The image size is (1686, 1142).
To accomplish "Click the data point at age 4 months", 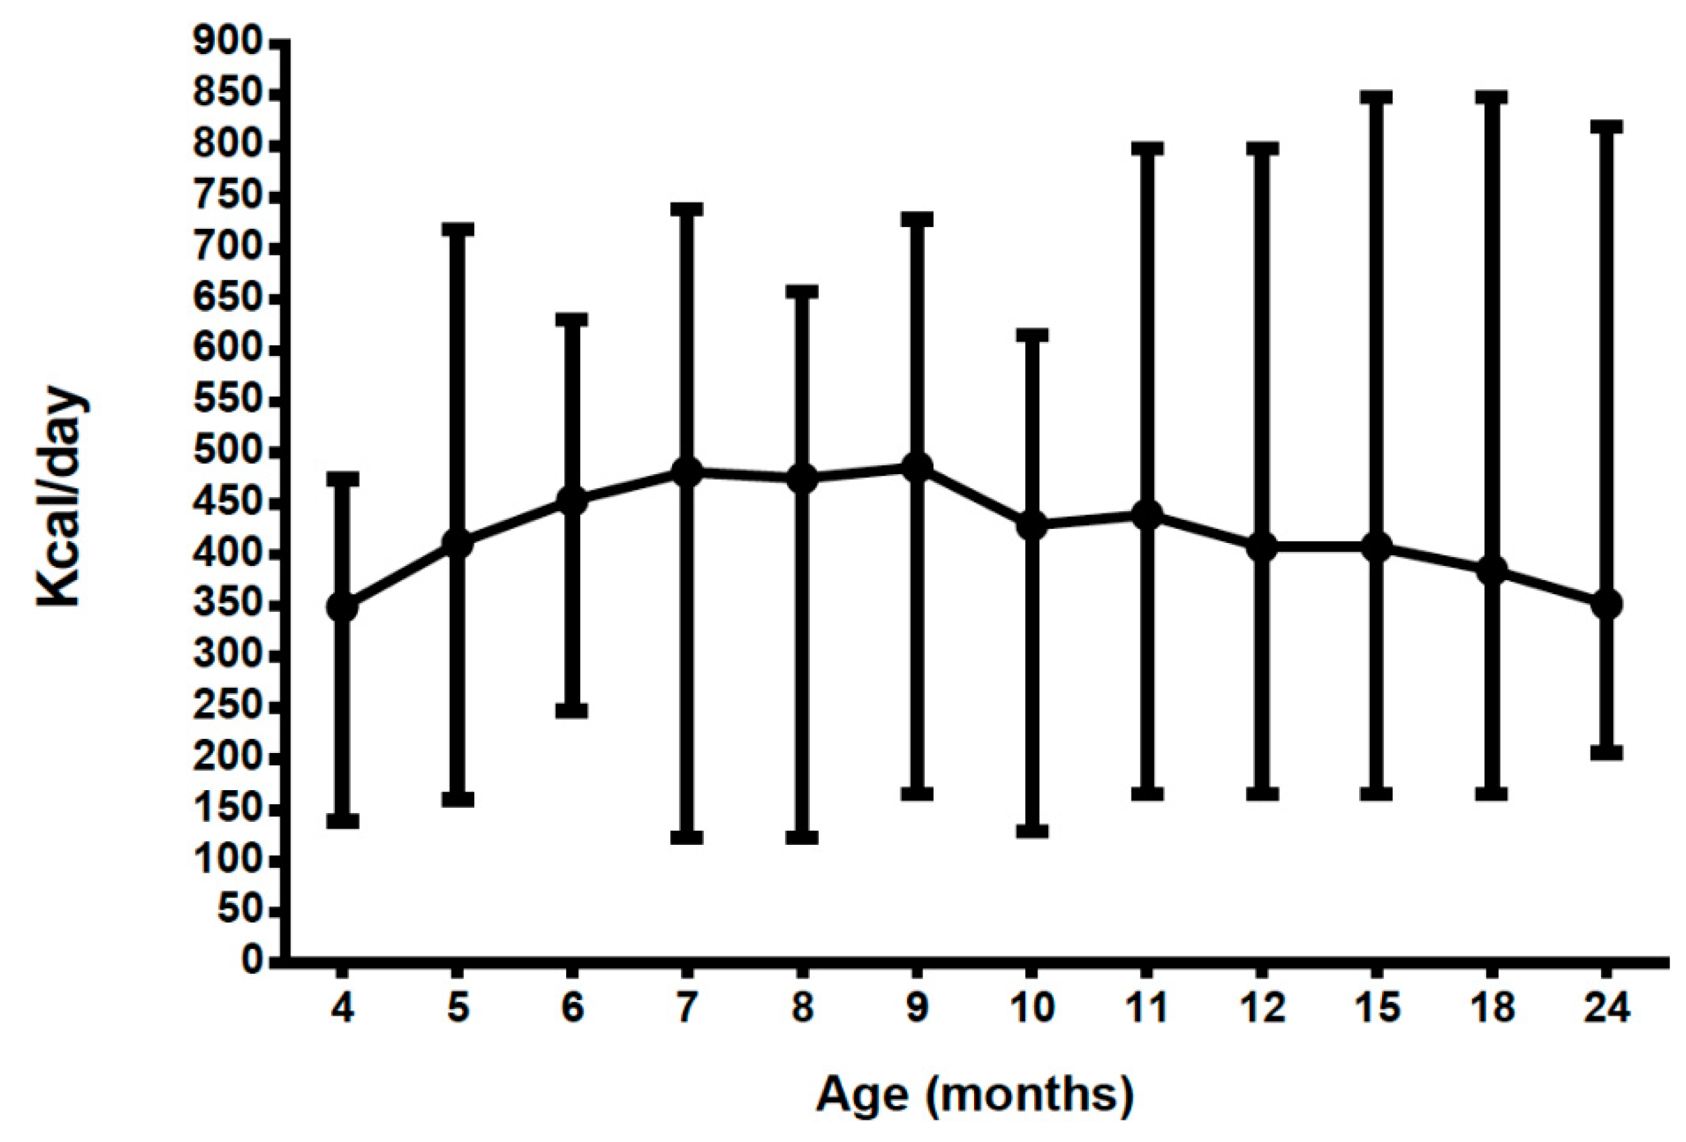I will coord(342,606).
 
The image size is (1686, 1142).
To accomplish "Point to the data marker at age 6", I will coord(572,500).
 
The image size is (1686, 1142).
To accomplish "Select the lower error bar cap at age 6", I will coord(572,710).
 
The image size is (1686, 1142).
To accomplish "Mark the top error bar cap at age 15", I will coord(1376,98).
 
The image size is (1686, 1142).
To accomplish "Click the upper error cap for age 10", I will coord(1031,334).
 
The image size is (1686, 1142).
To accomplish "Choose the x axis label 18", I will coord(1491,1008).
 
